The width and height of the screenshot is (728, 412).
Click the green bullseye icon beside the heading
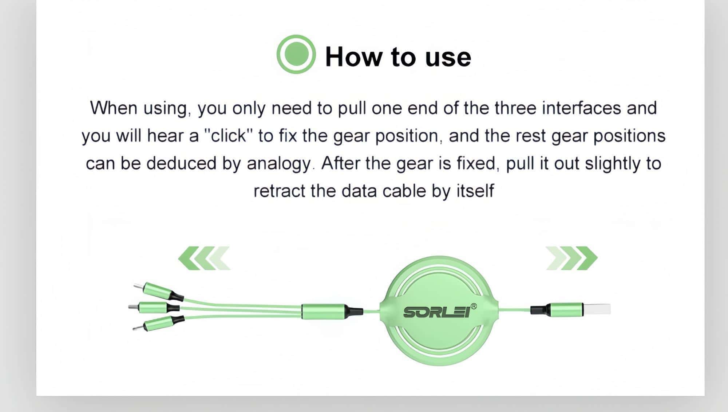[296, 54]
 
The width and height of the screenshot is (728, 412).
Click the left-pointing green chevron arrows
[204, 258]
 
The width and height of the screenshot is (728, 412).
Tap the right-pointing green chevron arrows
[571, 258]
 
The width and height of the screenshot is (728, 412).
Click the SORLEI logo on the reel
[436, 312]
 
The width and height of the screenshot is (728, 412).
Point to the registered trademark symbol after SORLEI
[474, 306]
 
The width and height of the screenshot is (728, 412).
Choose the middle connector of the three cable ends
[154, 308]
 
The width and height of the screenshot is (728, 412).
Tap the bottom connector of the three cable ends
[159, 323]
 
